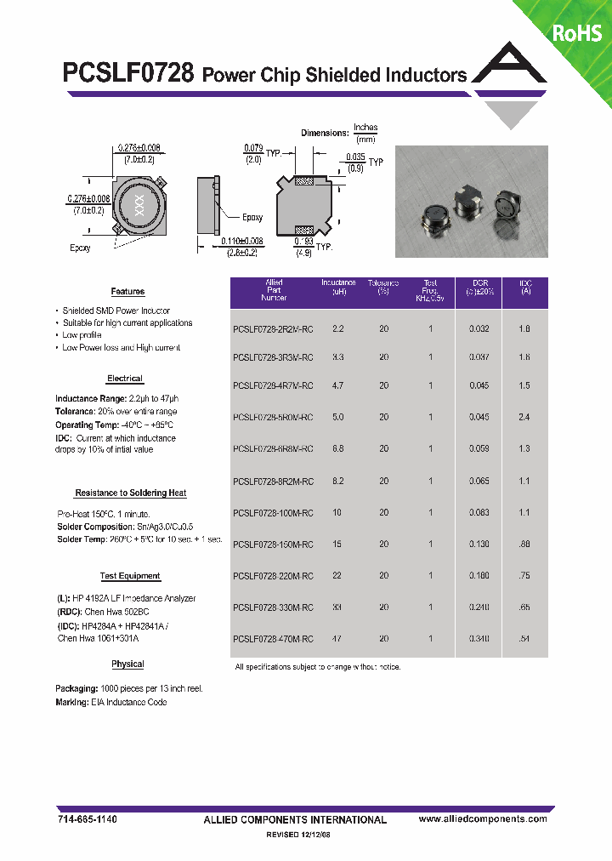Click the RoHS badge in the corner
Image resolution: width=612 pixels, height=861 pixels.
(577, 33)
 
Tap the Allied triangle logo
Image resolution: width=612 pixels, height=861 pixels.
(510, 85)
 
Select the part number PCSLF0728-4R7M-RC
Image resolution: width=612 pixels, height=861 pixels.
(273, 385)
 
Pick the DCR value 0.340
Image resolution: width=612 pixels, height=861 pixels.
(479, 638)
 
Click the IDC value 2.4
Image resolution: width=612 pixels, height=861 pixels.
(524, 417)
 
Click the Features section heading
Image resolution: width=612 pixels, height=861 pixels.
(127, 292)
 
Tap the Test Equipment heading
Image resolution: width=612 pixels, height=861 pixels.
(129, 576)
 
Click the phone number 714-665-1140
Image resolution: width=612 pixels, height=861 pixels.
(87, 818)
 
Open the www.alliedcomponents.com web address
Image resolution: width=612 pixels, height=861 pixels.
(483, 818)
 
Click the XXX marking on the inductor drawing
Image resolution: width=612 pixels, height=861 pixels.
(135, 205)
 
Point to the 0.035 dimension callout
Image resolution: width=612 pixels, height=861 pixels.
(356, 157)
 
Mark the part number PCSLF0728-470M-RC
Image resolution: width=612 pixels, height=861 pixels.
(273, 638)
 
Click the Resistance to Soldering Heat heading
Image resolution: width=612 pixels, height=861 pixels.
(130, 493)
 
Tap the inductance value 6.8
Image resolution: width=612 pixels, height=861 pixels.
(337, 448)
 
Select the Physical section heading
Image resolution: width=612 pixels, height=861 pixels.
(127, 664)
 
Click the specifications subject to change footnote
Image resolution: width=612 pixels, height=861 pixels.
(317, 667)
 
